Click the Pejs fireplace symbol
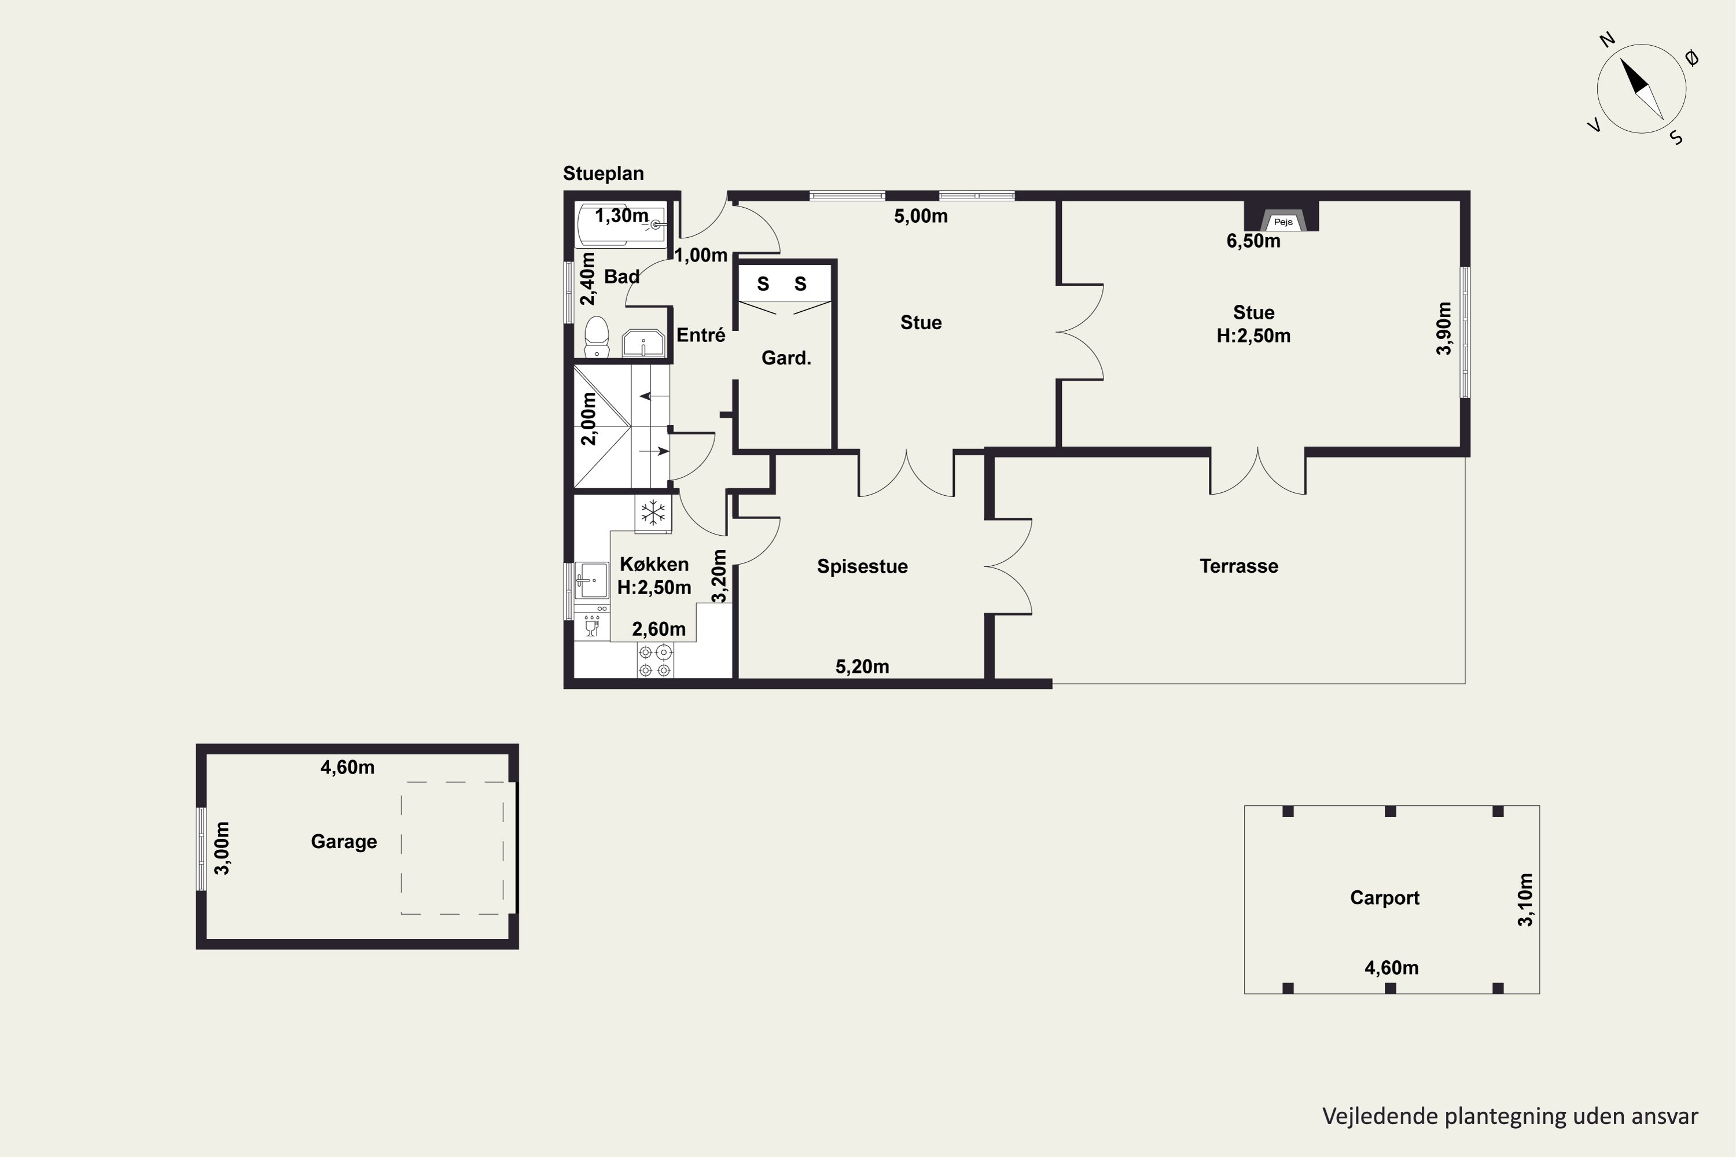point(1282,220)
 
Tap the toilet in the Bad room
point(597,337)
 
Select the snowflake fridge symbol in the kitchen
point(653,512)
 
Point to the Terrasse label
point(1238,566)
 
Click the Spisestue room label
point(862,566)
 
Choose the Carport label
point(1385,897)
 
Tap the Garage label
point(344,841)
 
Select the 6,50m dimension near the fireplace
point(1253,241)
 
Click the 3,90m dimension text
point(1444,329)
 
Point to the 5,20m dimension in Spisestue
point(862,666)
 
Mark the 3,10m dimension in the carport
point(1525,900)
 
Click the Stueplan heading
point(603,174)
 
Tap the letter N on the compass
point(1607,40)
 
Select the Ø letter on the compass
point(1693,57)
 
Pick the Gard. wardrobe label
point(786,358)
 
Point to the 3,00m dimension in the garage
point(222,848)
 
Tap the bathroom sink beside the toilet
point(643,343)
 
